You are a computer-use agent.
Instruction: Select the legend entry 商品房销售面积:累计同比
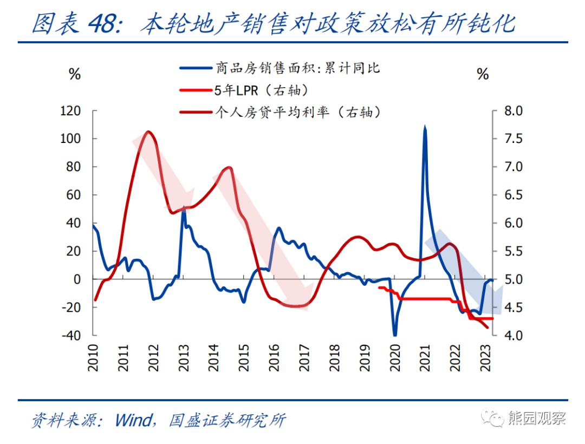pos(297,68)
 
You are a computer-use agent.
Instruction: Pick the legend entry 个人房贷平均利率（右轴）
pos(297,112)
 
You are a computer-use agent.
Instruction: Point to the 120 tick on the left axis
pos(70,111)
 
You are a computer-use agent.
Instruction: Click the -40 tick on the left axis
pos(70,336)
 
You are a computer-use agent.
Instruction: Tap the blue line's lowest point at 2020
pos(395,335)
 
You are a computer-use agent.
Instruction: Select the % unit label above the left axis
pos(74,75)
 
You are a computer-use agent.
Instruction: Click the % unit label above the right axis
pos(483,75)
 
